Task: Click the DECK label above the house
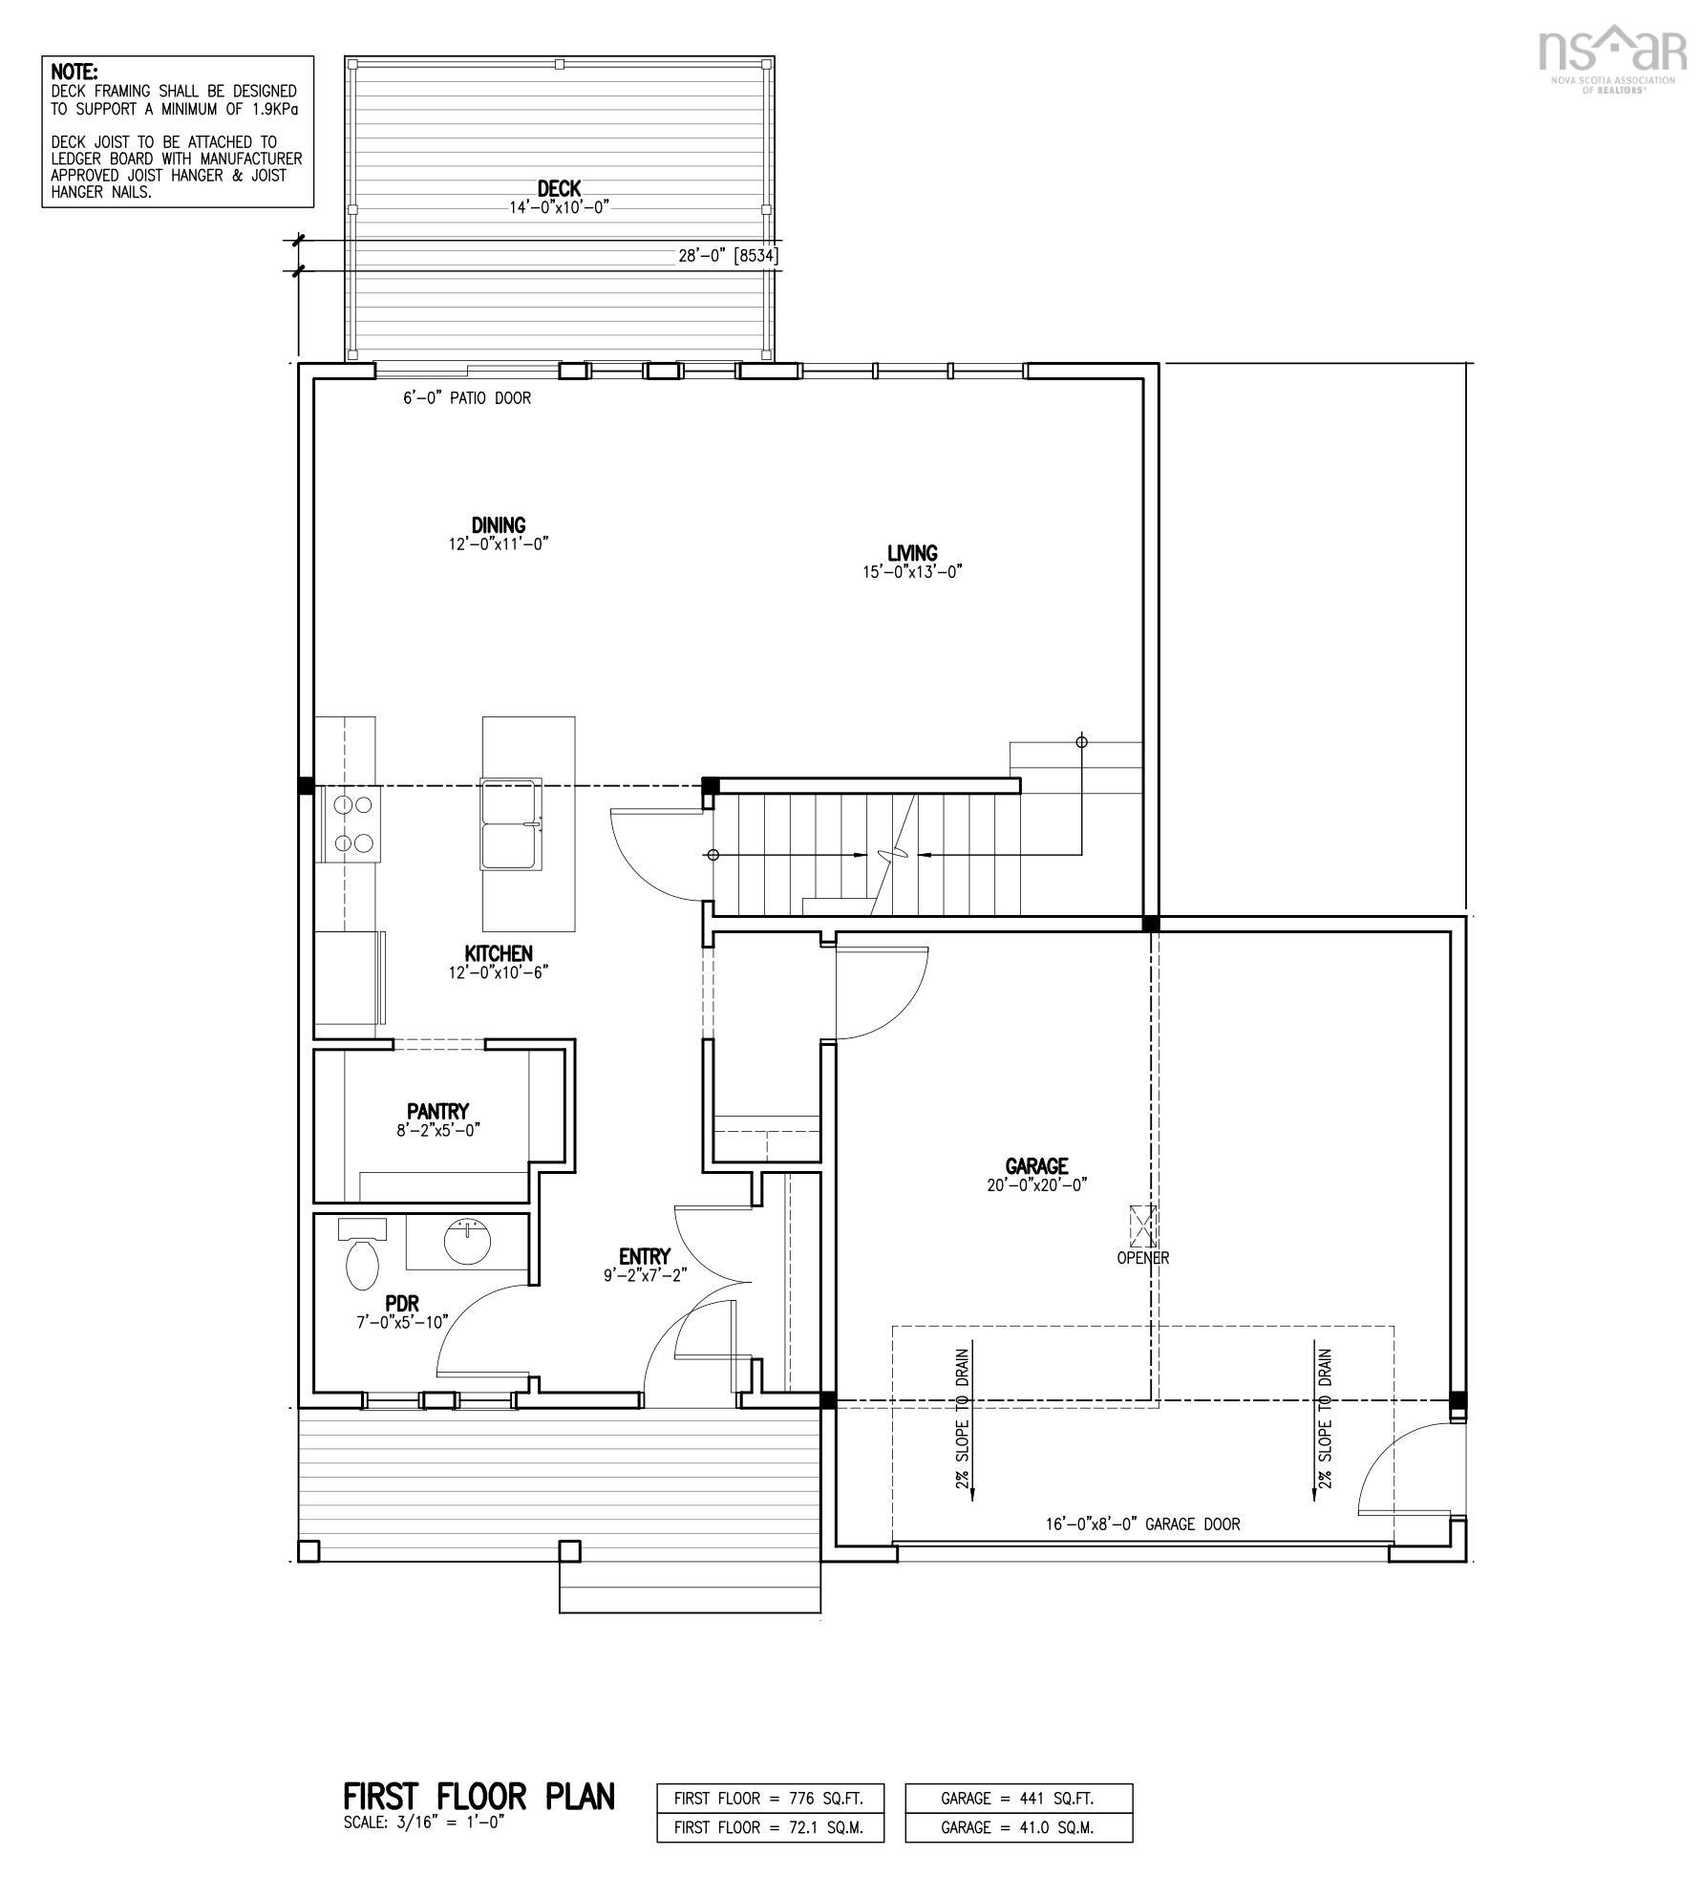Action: (x=559, y=189)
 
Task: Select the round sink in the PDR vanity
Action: (x=468, y=1242)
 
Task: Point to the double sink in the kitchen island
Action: (x=511, y=824)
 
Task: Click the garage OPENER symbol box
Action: (x=1142, y=1226)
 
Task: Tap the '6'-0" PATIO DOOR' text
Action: (x=466, y=398)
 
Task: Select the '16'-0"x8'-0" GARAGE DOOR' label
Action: (x=1142, y=1524)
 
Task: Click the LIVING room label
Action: (x=912, y=553)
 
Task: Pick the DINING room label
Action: (x=498, y=524)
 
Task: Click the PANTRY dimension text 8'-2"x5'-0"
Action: (x=438, y=1129)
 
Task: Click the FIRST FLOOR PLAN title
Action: (x=479, y=1797)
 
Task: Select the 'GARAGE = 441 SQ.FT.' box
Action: (x=1018, y=1798)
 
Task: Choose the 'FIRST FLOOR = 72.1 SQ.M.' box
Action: (x=769, y=1827)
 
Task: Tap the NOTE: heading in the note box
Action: (x=74, y=72)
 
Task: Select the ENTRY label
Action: (x=644, y=1256)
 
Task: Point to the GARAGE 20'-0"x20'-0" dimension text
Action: (x=1037, y=1184)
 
